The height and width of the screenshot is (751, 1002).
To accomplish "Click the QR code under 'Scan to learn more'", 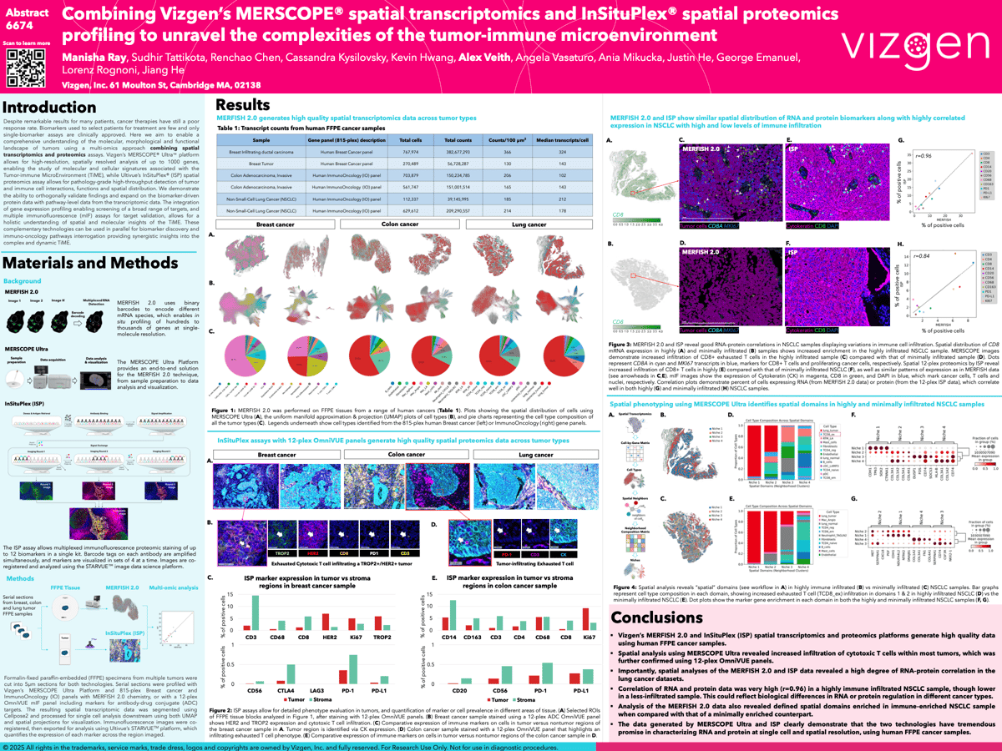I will pyautogui.click(x=26, y=68).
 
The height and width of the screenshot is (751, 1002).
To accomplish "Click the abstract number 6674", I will pyautogui.click(x=21, y=27).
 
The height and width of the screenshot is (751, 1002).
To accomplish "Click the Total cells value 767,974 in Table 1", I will pyautogui.click(x=410, y=153).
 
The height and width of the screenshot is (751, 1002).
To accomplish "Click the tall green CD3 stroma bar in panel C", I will pyautogui.click(x=255, y=627).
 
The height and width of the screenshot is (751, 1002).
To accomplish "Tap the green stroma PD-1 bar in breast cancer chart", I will pyautogui.click(x=352, y=685).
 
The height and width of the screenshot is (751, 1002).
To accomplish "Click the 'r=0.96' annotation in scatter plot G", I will pyautogui.click(x=913, y=156).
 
